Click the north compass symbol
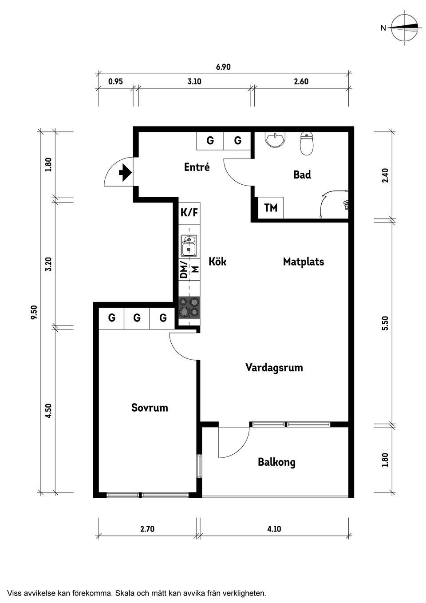404,28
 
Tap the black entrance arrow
125,172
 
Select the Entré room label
197,167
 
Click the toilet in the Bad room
307,143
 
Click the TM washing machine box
270,207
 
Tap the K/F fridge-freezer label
189,213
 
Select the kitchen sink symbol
189,245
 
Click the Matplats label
304,262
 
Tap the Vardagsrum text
274,368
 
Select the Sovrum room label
150,408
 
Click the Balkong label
276,462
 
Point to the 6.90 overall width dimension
223,67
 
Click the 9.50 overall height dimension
35,313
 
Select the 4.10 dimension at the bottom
274,529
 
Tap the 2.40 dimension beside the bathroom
385,175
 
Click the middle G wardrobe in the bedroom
137,318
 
